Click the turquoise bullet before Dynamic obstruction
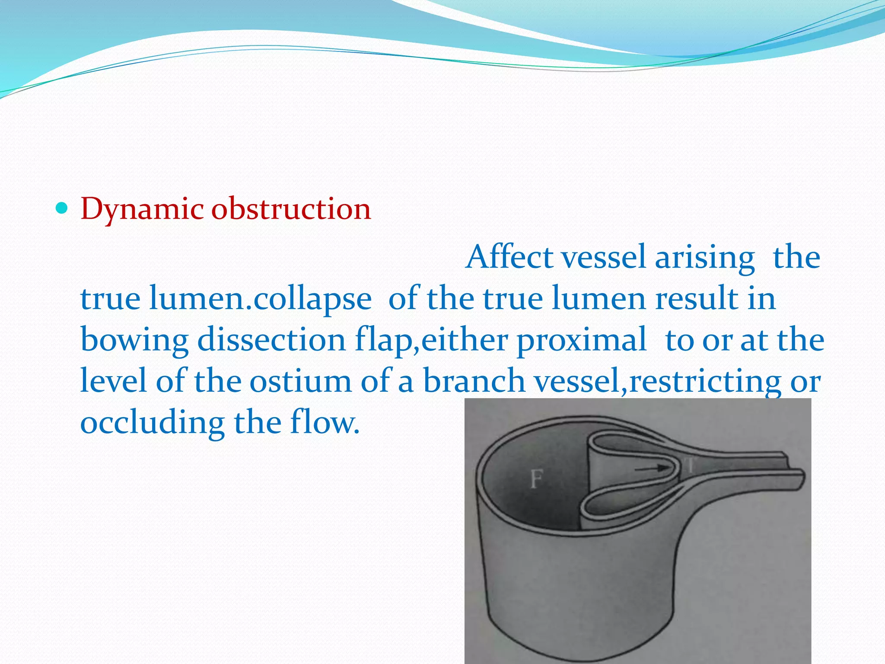click(x=62, y=209)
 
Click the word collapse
click(x=312, y=300)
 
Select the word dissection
click(x=271, y=340)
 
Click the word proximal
click(x=582, y=341)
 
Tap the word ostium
click(x=301, y=381)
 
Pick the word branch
click(x=474, y=381)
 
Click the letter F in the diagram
click(x=536, y=479)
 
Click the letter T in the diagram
click(x=690, y=466)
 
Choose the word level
click(x=113, y=381)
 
